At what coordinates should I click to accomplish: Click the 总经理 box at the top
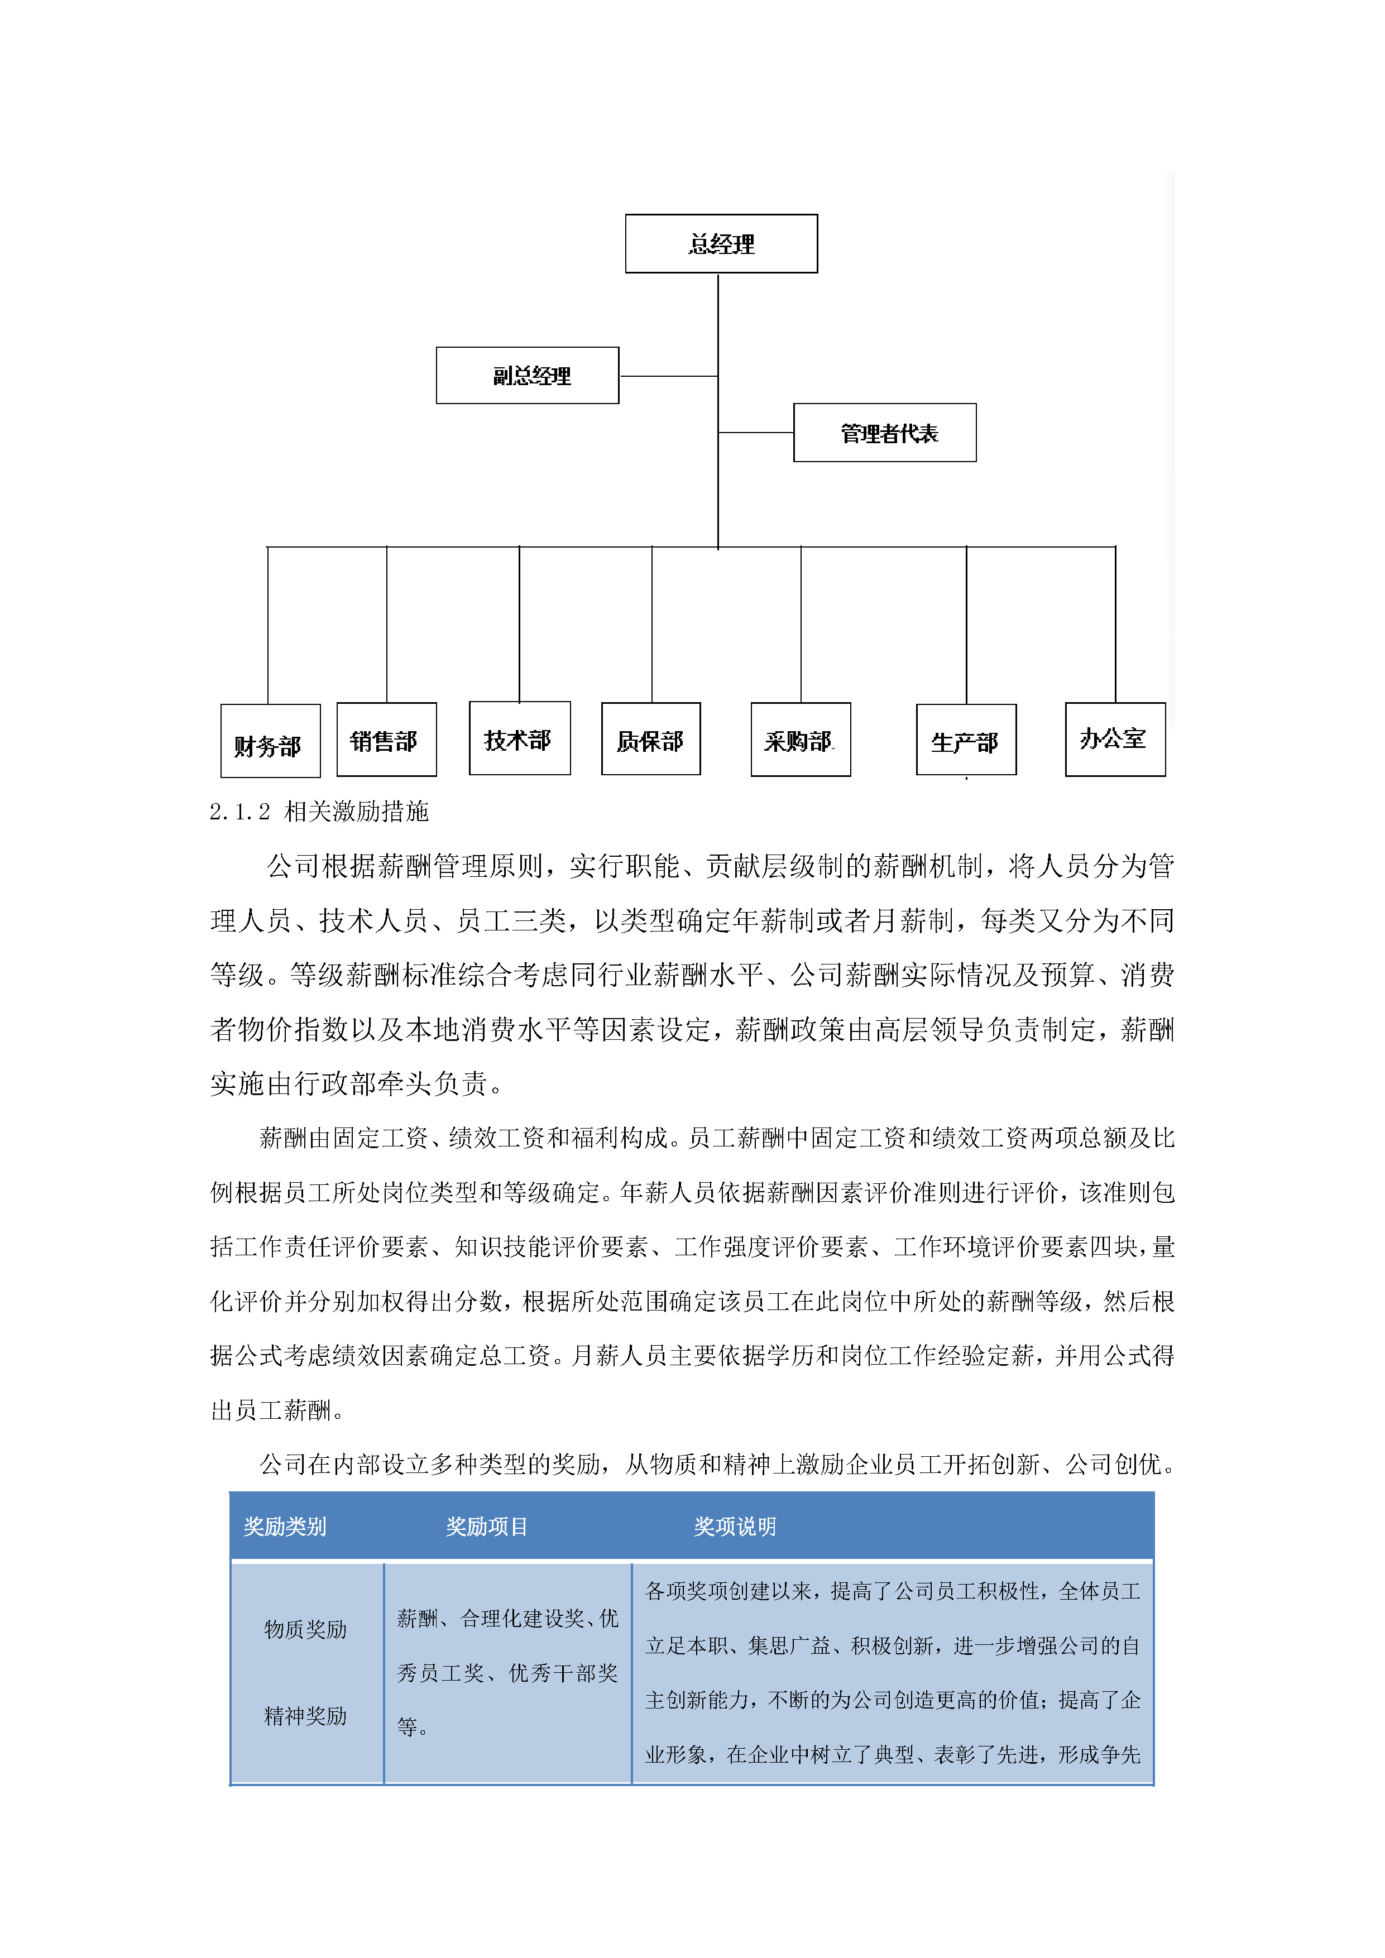click(721, 244)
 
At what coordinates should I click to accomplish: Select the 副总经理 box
click(527, 375)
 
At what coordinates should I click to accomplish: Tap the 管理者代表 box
click(884, 433)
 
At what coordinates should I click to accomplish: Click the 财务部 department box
click(270, 741)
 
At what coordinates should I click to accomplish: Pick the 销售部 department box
click(386, 740)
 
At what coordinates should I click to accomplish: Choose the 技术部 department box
click(519, 738)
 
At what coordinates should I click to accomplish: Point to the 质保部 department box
click(651, 740)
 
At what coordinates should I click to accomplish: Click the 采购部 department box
click(800, 740)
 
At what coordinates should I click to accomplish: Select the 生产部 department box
click(965, 740)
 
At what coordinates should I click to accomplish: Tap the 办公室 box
click(1115, 740)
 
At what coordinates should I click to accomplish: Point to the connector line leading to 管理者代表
click(756, 433)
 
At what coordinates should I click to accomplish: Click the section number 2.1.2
click(239, 812)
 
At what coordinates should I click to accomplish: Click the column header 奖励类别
click(285, 1527)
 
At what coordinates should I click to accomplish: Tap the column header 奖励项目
click(487, 1527)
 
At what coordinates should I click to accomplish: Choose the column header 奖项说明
click(734, 1527)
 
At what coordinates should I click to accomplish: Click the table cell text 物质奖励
click(305, 1630)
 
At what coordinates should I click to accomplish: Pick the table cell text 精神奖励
click(305, 1716)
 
